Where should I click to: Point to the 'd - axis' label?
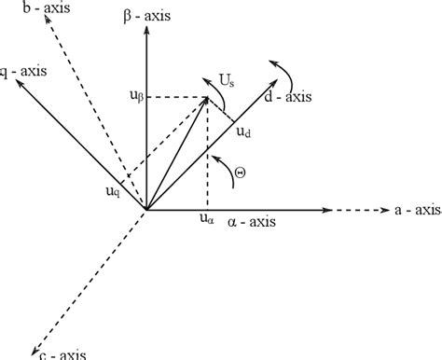[x=287, y=95]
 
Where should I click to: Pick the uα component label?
[x=206, y=221]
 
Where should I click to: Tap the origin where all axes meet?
[x=145, y=210]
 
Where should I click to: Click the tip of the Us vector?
[x=207, y=96]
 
